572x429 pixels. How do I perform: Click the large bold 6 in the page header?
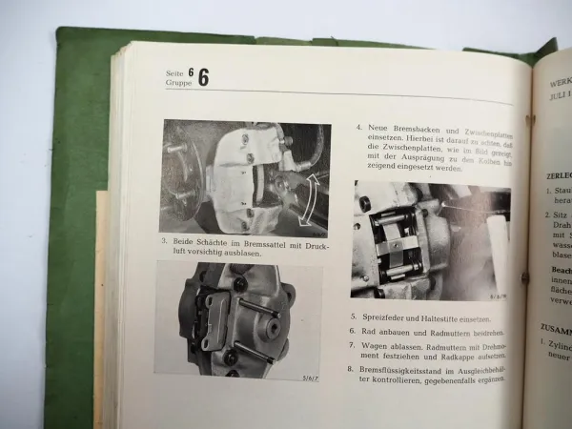(x=203, y=78)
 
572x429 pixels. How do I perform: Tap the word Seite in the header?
(x=174, y=72)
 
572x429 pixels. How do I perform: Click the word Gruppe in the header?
(x=177, y=83)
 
